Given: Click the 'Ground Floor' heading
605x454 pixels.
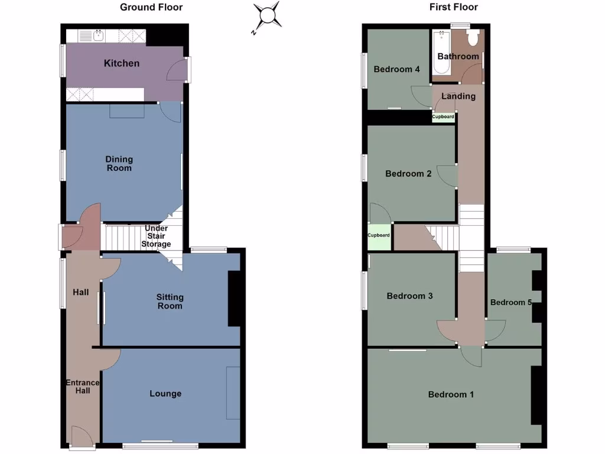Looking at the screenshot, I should pyautogui.click(x=151, y=8).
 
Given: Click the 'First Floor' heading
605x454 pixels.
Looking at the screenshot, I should pyautogui.click(x=454, y=8).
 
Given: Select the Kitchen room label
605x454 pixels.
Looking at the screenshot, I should pyautogui.click(x=122, y=63).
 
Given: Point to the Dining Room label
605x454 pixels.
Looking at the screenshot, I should pyautogui.click(x=119, y=164).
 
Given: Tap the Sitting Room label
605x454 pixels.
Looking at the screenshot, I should pyautogui.click(x=170, y=301).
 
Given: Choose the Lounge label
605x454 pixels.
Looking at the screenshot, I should pyautogui.click(x=165, y=394).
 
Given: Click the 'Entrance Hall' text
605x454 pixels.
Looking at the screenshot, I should pyautogui.click(x=82, y=387).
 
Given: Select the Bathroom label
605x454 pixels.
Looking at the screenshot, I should pyautogui.click(x=458, y=56).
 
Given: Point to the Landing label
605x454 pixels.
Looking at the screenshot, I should pyautogui.click(x=458, y=96).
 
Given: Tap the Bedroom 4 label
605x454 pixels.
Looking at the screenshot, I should pyautogui.click(x=396, y=69).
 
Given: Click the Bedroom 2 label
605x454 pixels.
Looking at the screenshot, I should pyautogui.click(x=408, y=174).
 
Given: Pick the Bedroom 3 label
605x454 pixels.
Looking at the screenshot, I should pyautogui.click(x=410, y=296).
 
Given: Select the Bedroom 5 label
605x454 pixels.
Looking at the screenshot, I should pyautogui.click(x=511, y=302).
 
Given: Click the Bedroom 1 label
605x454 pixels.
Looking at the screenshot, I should pyautogui.click(x=451, y=394).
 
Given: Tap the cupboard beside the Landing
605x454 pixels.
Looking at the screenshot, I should pyautogui.click(x=443, y=117).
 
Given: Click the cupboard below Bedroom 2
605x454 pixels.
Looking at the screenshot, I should pyautogui.click(x=379, y=235).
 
